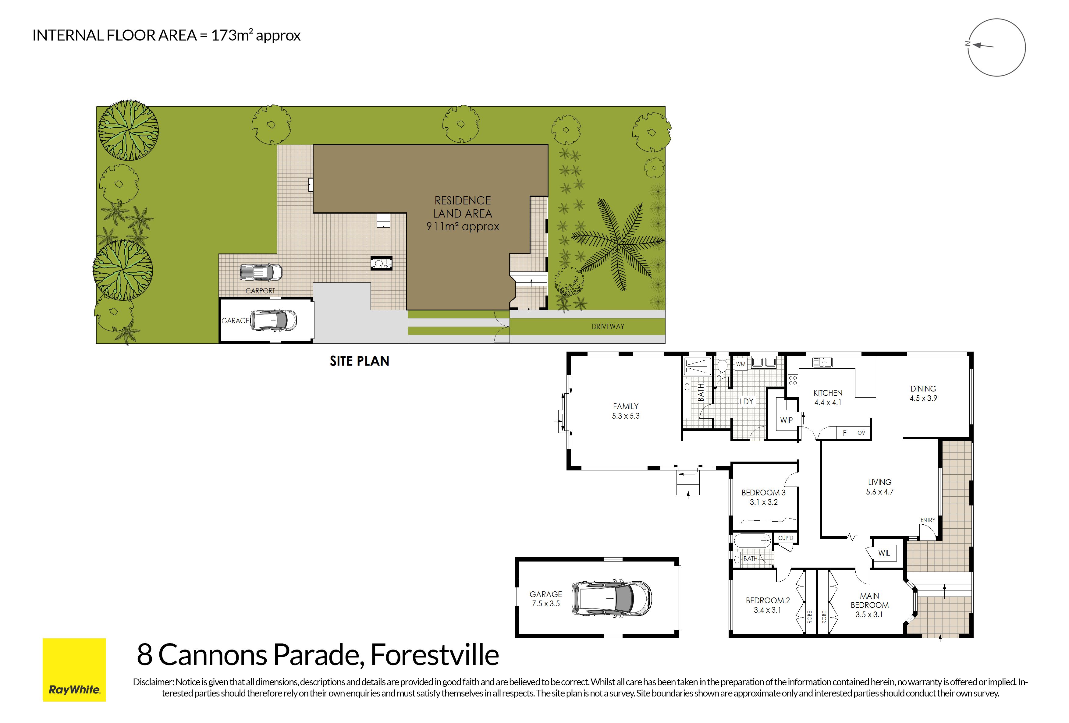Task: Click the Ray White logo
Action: click(74, 670)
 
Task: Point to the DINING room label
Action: click(923, 393)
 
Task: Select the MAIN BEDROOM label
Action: click(869, 605)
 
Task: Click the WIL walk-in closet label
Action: click(884, 553)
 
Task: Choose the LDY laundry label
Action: click(747, 402)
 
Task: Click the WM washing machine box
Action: click(740, 364)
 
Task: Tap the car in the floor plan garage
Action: click(611, 599)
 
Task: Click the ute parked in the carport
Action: click(260, 272)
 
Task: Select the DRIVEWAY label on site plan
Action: click(608, 327)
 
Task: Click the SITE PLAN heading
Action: click(359, 361)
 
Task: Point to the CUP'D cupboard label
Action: click(786, 538)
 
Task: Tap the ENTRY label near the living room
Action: click(928, 520)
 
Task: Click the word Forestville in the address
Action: click(435, 655)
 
